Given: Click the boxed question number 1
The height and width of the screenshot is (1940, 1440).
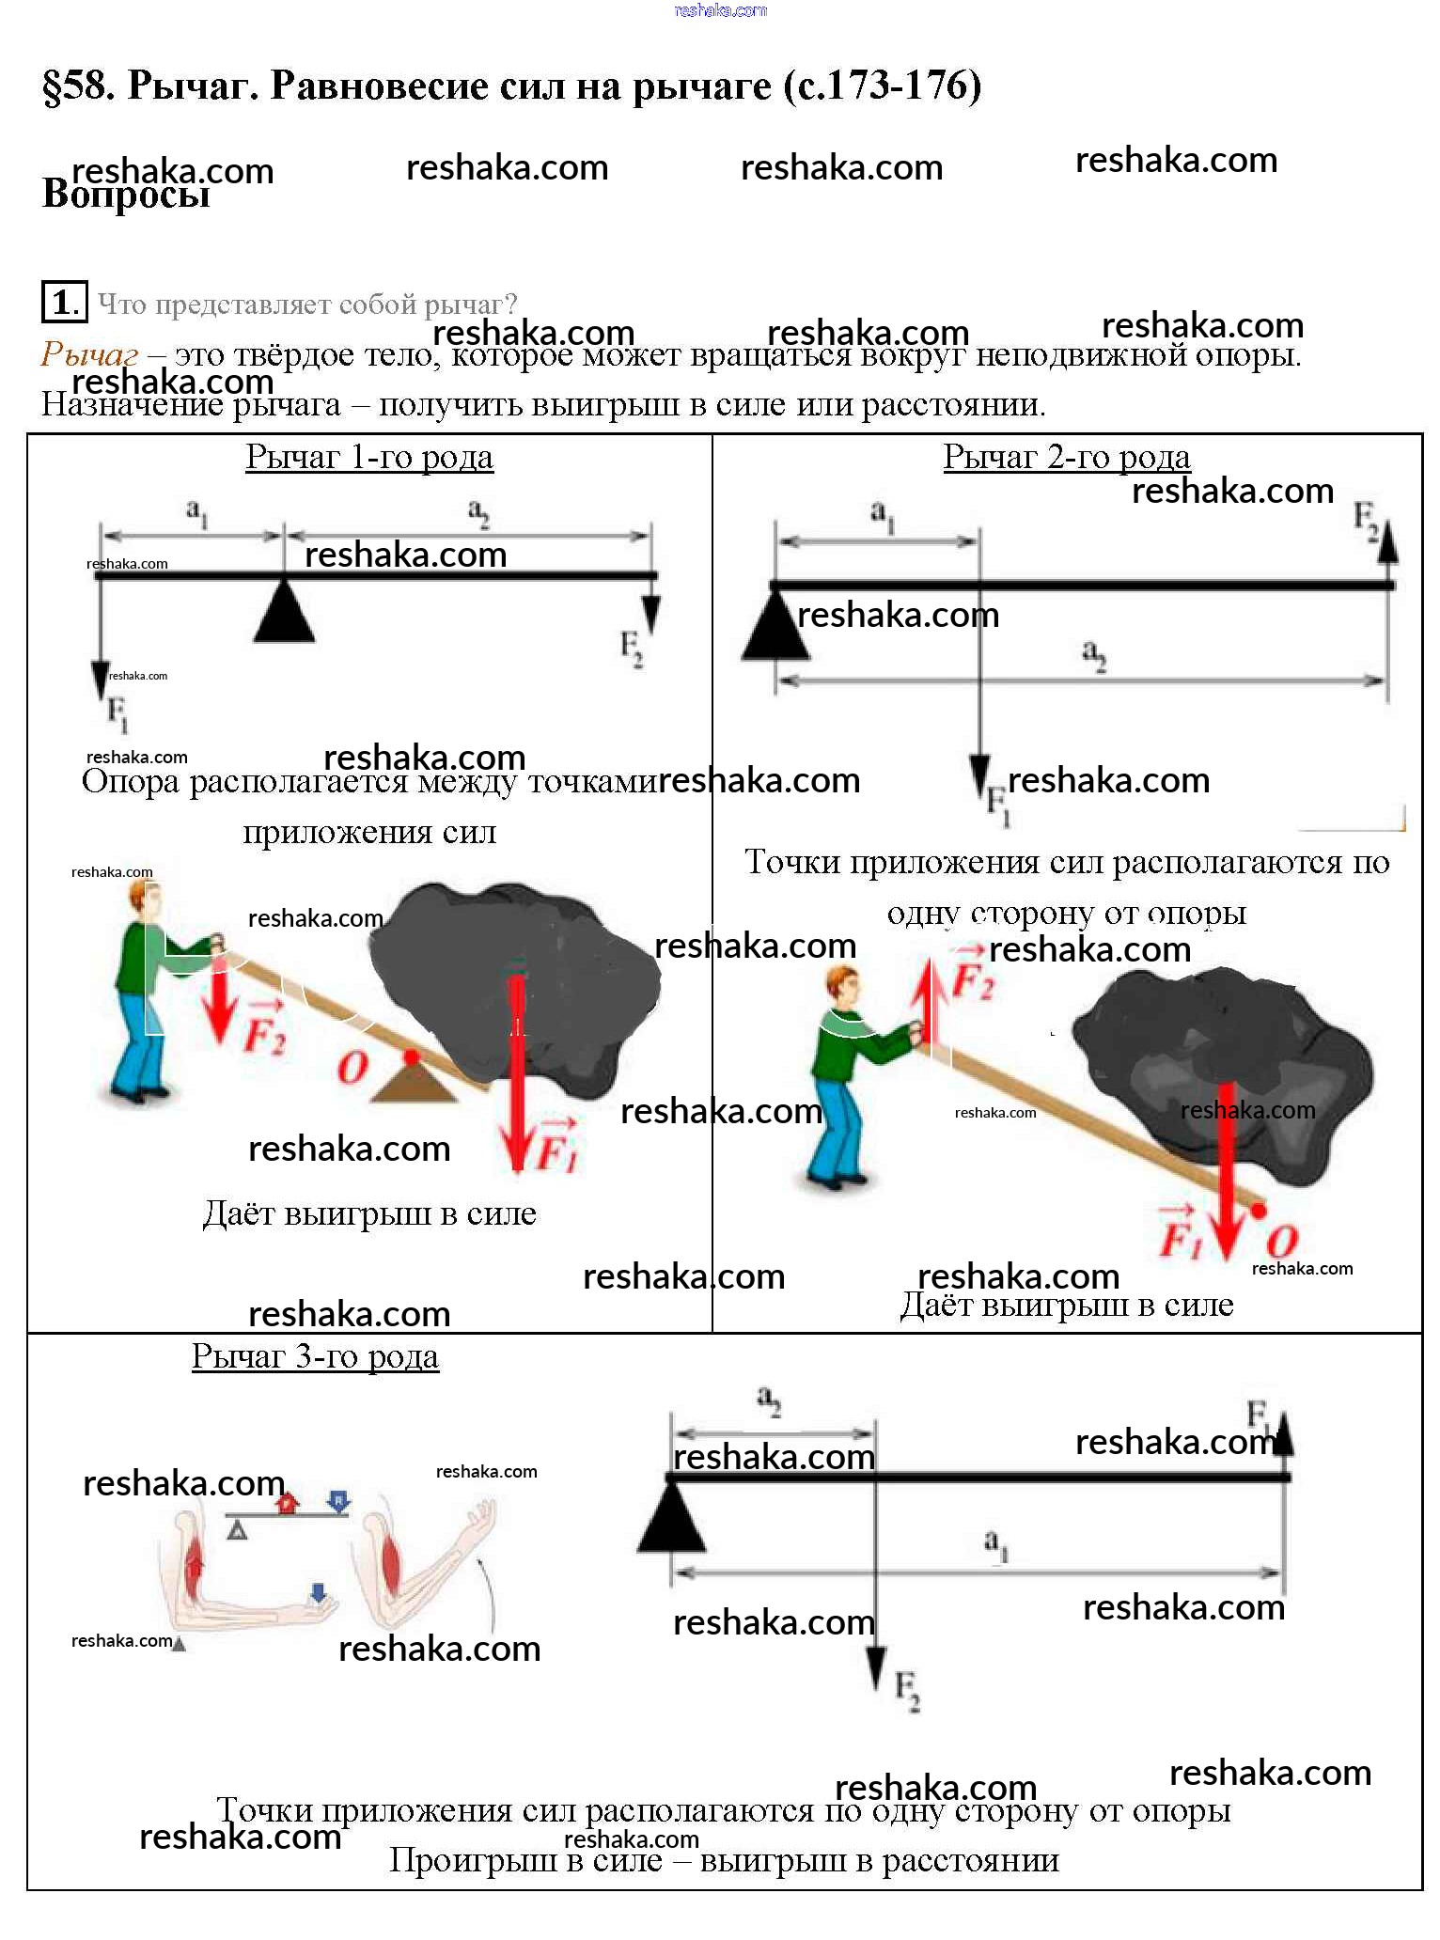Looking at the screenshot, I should click(x=63, y=303).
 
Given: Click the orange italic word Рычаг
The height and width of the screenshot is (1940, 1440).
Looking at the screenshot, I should click(x=89, y=355).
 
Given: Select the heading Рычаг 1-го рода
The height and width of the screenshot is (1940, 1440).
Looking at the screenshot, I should click(x=368, y=458).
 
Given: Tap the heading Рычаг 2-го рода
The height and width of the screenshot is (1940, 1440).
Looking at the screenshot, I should click(x=1066, y=458).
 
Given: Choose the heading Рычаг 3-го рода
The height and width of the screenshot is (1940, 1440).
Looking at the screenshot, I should click(x=315, y=1357).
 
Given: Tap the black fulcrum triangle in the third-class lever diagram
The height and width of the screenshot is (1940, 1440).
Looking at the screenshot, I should click(x=671, y=1522).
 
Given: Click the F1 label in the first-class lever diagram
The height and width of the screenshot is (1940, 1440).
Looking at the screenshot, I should click(x=117, y=712).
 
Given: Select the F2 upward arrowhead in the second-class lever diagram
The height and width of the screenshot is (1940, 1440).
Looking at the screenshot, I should click(x=1387, y=545).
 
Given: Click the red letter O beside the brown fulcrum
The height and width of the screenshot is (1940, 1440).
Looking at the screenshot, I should click(x=352, y=1069).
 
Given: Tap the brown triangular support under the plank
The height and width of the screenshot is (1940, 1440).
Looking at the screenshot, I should click(x=414, y=1084).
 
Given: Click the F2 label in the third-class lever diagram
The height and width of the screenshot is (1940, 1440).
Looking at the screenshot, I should click(x=906, y=1688).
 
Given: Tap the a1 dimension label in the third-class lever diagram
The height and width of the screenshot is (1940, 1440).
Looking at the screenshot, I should click(x=995, y=1543).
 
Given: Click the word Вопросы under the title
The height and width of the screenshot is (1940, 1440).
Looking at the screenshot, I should click(x=126, y=195).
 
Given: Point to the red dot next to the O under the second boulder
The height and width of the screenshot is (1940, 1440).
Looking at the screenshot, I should click(x=1259, y=1211).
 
